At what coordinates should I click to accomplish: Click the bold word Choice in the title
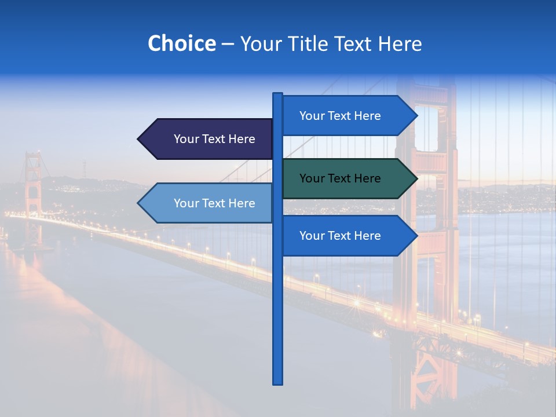coord(181,43)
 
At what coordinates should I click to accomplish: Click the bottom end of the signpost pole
coord(278,382)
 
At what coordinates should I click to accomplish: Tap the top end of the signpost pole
coord(278,94)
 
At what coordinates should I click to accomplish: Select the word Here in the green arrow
coord(367,178)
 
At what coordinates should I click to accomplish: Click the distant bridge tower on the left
coord(32,191)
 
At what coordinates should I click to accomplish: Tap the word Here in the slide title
coord(400,43)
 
